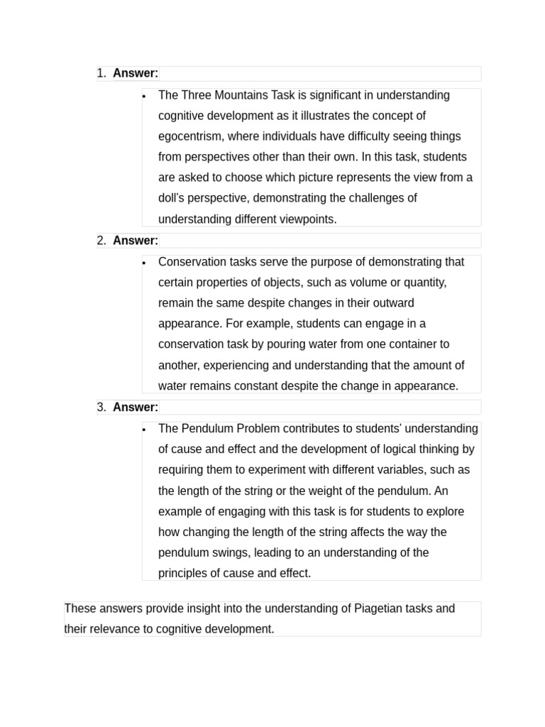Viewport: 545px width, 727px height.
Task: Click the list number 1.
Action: [101, 73]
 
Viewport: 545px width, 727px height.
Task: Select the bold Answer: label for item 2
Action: [136, 240]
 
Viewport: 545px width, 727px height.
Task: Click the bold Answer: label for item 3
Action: [136, 407]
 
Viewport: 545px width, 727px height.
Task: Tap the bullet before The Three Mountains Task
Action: [144, 96]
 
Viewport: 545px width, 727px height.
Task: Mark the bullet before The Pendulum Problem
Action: [144, 429]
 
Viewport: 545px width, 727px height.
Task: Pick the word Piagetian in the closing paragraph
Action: [387, 608]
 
